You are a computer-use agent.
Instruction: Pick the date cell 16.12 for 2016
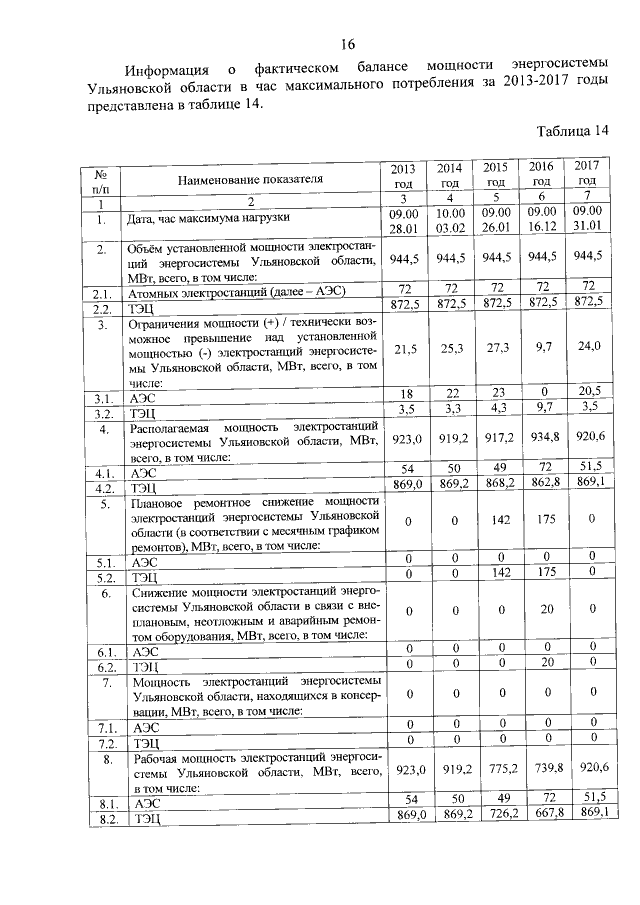tap(540, 228)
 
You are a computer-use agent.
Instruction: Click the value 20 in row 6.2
tap(540, 664)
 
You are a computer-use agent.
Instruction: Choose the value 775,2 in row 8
tap(494, 770)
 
